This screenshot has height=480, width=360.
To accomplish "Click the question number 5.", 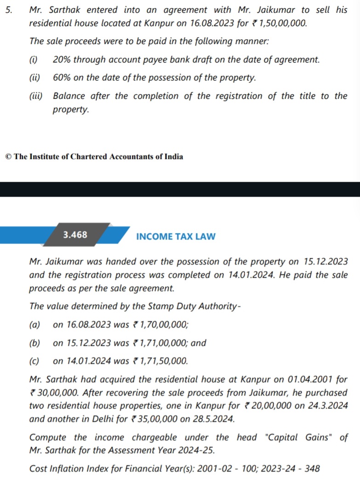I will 8,10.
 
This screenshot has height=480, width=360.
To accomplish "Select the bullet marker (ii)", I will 34,78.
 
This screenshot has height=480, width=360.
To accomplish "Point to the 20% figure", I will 61,60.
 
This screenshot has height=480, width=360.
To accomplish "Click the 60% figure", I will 62,78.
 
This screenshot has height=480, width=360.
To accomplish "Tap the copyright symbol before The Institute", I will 8,156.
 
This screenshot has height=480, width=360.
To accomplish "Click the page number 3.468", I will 75,235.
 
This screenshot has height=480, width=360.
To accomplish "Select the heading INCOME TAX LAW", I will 176,237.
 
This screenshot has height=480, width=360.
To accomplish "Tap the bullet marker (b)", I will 34,343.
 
